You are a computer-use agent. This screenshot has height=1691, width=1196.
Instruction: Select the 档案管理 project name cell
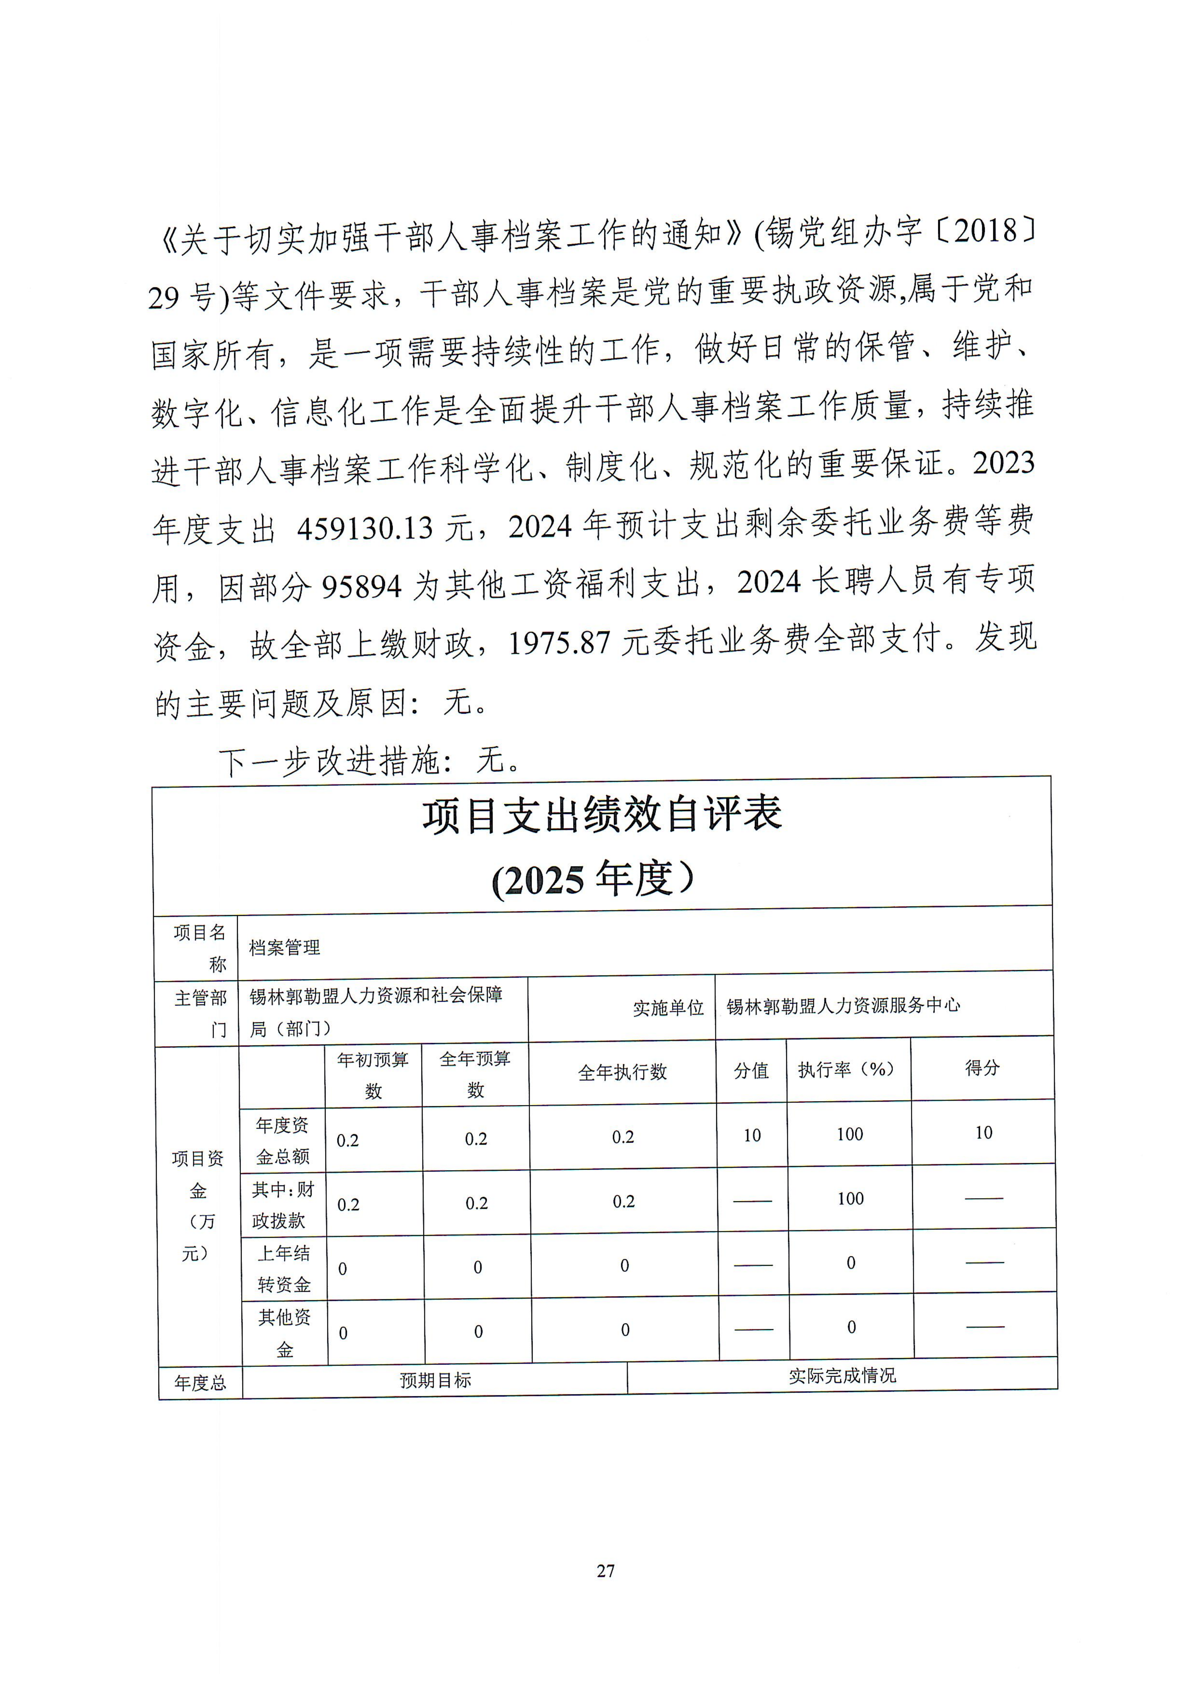click(284, 948)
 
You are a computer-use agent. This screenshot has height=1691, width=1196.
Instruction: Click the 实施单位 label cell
click(668, 1007)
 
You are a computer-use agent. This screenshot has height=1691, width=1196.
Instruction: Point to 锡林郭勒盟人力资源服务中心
click(843, 1005)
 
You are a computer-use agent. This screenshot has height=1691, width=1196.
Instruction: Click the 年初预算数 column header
click(374, 1075)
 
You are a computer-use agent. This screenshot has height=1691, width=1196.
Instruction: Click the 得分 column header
click(982, 1068)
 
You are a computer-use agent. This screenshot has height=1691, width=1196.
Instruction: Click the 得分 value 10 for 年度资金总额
click(984, 1133)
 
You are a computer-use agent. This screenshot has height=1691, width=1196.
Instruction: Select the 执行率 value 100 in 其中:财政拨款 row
click(851, 1198)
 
